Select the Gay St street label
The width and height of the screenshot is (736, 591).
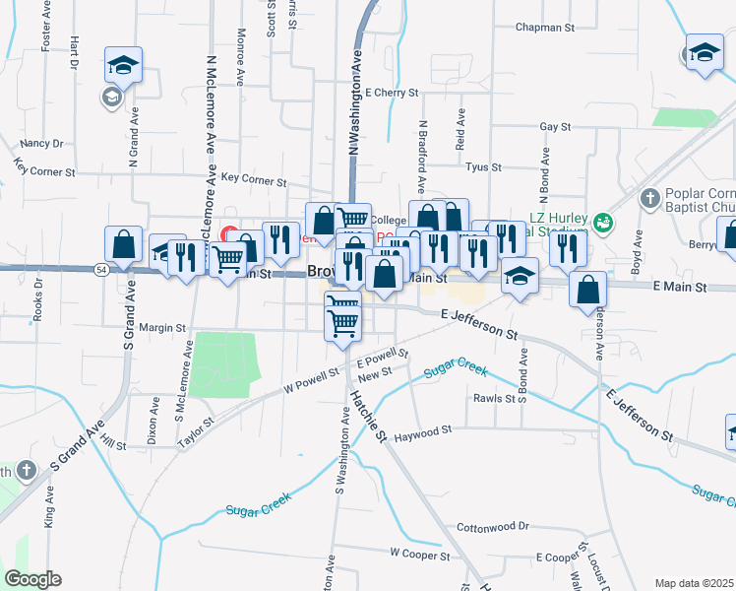(x=555, y=127)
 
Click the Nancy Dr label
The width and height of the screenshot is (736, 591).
(x=41, y=143)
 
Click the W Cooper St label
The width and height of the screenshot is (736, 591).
(x=419, y=555)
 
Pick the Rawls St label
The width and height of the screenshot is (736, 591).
(x=495, y=399)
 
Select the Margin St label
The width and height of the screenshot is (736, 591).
(x=162, y=327)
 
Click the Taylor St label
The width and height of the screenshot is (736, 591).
(x=196, y=433)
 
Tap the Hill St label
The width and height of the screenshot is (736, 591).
(x=113, y=446)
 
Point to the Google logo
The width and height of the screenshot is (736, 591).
(x=32, y=579)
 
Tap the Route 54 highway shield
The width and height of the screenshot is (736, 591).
(x=101, y=269)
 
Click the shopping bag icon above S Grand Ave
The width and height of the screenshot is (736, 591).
(x=123, y=244)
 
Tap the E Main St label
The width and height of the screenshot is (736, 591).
(x=680, y=287)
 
